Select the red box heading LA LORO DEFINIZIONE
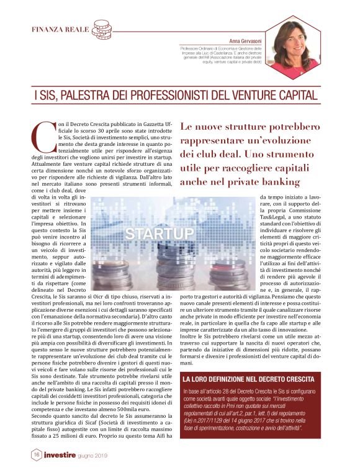(248, 378)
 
